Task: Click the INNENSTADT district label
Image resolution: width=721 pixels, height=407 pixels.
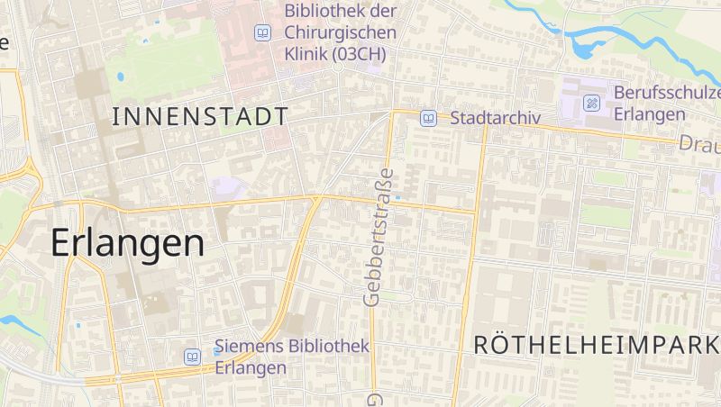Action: pos(200,116)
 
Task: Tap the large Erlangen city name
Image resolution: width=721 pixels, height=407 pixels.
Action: pos(128,243)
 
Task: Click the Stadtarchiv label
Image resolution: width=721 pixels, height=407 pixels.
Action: pos(495,118)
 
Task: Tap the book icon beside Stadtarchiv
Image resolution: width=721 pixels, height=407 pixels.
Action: pos(429,118)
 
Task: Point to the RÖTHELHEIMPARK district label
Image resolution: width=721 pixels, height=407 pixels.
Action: pos(596,344)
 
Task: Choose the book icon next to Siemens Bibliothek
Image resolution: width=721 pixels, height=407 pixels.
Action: pos(192,357)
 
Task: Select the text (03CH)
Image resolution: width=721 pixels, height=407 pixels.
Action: pos(359,54)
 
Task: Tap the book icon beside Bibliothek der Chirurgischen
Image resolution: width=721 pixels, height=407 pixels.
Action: pos(262,33)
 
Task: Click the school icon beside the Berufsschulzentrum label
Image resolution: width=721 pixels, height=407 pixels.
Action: pos(591,103)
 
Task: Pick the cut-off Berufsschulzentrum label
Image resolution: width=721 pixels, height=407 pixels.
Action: pos(667,93)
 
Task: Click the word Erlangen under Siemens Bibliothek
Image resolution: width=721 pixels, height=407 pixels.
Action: pos(251,368)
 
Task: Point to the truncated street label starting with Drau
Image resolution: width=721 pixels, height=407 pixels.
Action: pos(699,144)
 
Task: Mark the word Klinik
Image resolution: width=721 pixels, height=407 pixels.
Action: pos(306,54)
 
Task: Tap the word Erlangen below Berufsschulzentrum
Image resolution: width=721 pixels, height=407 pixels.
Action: pos(650,114)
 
